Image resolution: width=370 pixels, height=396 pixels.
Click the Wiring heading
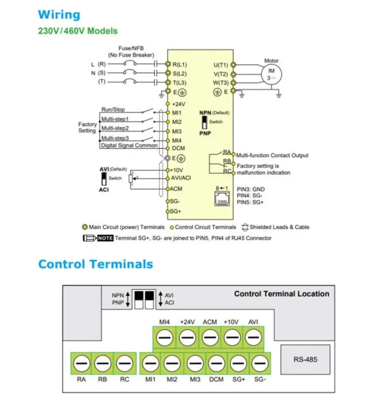click(x=59, y=15)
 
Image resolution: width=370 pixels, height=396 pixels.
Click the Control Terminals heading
click(x=95, y=264)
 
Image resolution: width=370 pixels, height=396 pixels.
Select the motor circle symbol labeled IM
click(x=271, y=74)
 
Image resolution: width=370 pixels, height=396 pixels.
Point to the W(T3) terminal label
click(x=221, y=83)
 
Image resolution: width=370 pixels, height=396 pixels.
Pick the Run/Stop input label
click(x=113, y=109)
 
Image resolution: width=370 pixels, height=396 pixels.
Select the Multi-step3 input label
click(x=115, y=138)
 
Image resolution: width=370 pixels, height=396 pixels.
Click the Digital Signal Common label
click(x=129, y=146)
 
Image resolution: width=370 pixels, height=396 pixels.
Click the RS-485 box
click(x=305, y=360)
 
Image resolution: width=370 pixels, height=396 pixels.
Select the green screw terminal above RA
click(x=81, y=363)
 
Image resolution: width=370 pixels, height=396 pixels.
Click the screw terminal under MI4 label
click(x=163, y=338)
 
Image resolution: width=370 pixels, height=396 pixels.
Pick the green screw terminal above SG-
click(x=260, y=363)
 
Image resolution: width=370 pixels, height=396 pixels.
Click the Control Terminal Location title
click(x=281, y=294)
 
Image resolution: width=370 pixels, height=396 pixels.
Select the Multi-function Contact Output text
click(x=272, y=155)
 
